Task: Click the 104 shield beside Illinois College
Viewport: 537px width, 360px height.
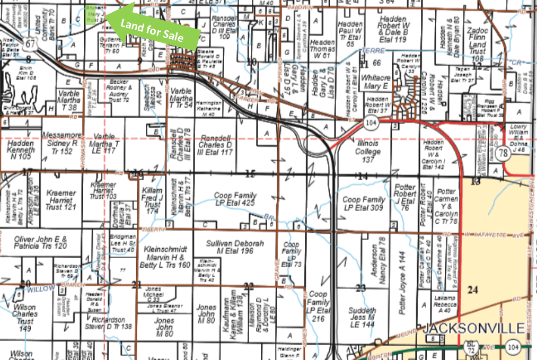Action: pos(370,124)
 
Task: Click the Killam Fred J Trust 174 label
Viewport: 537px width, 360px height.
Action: pos(152,200)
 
